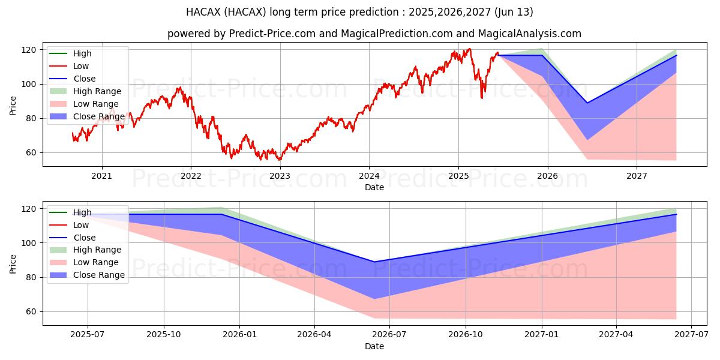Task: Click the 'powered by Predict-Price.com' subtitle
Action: click(374, 34)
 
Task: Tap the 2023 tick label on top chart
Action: click(280, 176)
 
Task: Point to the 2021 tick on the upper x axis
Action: click(101, 176)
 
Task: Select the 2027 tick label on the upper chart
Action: click(637, 176)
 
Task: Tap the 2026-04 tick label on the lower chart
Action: click(314, 335)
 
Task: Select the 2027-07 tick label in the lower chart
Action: click(691, 335)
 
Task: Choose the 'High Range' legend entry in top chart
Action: click(97, 91)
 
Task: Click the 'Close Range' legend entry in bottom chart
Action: click(98, 275)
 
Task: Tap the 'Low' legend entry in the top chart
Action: click(81, 66)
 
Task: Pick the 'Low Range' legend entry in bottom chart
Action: click(96, 262)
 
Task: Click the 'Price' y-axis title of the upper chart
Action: click(13, 106)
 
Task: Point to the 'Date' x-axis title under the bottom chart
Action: click(374, 346)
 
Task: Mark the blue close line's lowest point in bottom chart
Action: click(374, 262)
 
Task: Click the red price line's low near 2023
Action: click(278, 160)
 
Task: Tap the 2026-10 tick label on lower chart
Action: click(466, 335)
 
